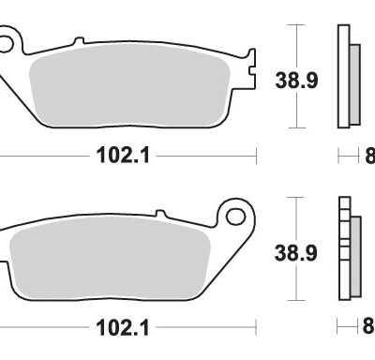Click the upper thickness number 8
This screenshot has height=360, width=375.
tap(368, 155)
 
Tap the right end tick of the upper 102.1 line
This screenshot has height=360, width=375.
tap(255, 155)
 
